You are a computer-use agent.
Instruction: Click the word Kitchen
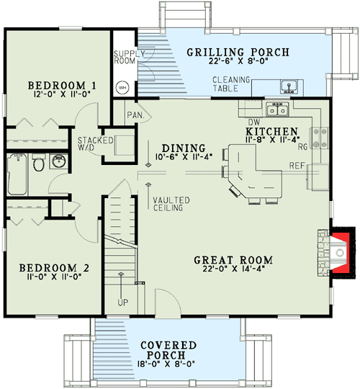[x=271, y=132]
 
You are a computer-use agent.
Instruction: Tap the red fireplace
[x=342, y=251]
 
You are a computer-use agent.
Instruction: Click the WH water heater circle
[x=122, y=88]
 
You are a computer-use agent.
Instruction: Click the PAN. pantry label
[x=136, y=115]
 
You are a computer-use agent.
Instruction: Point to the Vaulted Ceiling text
[x=168, y=203]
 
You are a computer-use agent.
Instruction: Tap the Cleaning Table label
[x=231, y=84]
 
